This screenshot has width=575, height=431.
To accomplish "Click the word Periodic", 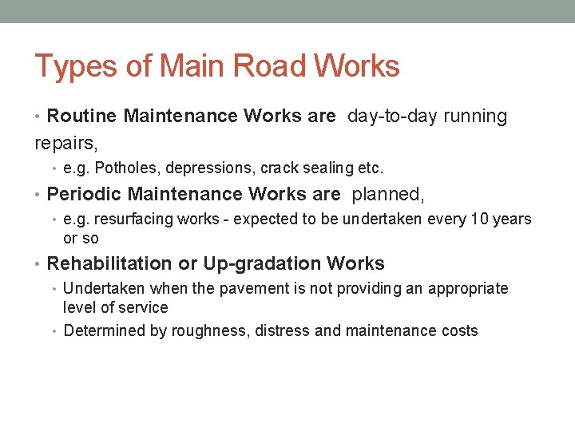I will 85,194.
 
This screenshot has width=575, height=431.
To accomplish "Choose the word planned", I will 388,194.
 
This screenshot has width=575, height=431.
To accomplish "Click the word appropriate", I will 468,289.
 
